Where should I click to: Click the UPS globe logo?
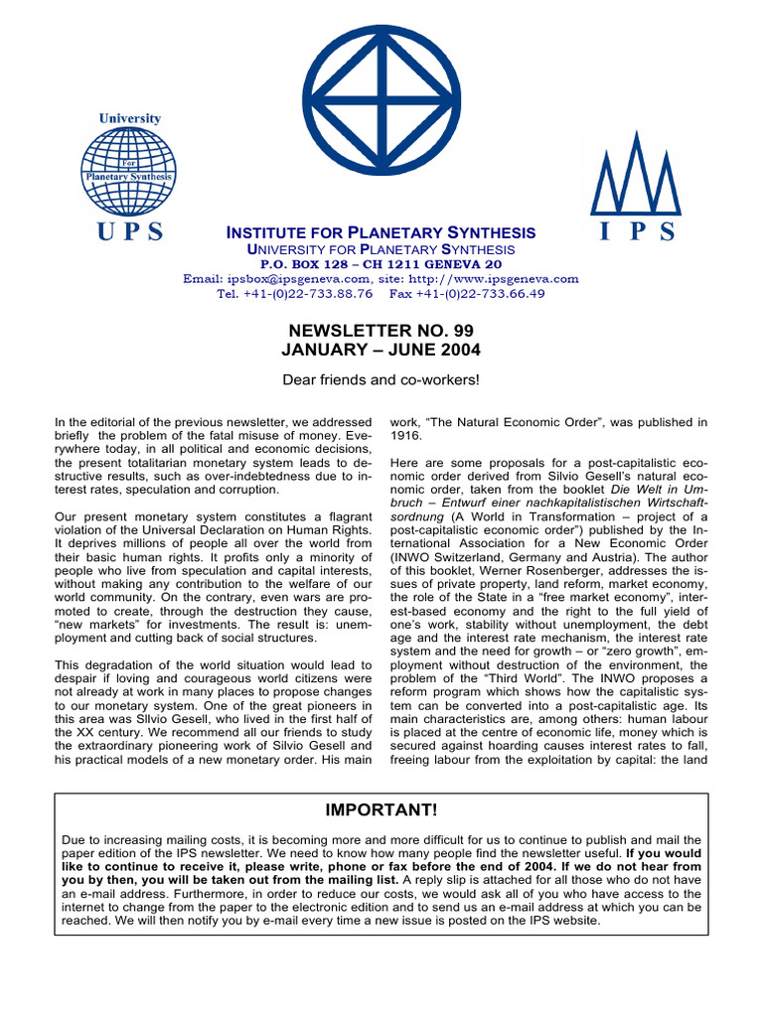point(128,170)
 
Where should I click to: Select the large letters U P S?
point(128,232)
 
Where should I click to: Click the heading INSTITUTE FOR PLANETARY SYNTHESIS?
point(381,232)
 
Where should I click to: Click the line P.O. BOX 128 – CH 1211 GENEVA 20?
point(381,265)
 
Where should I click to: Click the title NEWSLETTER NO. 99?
point(381,329)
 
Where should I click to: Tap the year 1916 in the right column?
point(407,435)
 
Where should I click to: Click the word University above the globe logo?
point(129,118)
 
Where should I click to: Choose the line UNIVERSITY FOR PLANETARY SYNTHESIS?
point(381,249)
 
